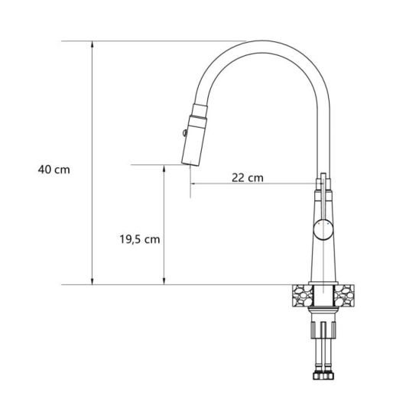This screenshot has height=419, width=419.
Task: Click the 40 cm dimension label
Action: point(54,170)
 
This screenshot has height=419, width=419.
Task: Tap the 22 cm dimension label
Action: point(248,177)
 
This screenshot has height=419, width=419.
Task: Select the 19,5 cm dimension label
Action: point(139,239)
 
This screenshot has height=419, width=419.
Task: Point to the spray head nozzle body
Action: point(194,141)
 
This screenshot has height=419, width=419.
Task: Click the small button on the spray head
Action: point(184,132)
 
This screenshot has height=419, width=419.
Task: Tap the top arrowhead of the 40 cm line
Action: point(93,44)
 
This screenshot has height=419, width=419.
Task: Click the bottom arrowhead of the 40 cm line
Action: point(93,281)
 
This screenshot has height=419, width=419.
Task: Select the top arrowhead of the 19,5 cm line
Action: point(164,168)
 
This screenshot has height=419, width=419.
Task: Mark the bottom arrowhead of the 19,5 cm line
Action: point(164,281)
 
